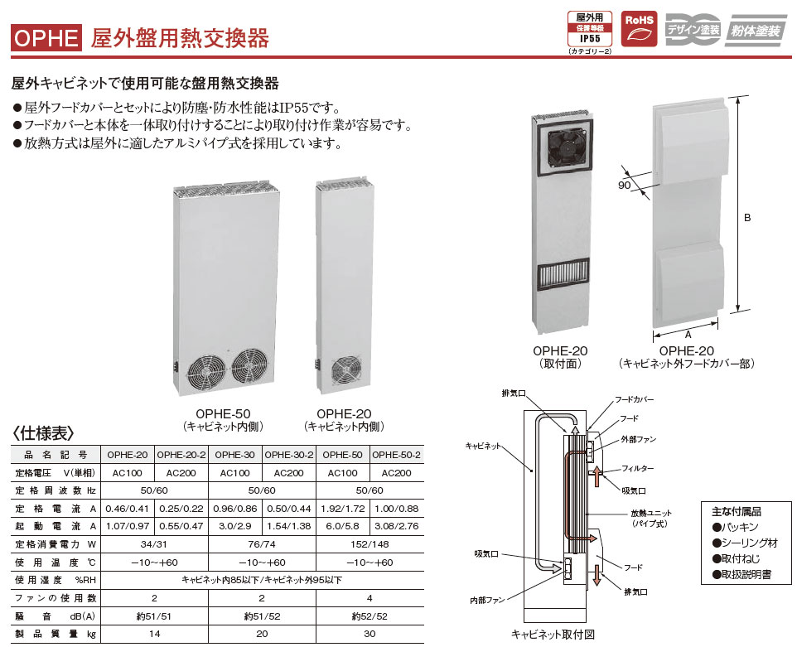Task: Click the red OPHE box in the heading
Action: click(x=46, y=36)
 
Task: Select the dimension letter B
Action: click(x=746, y=219)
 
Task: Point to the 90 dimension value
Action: click(x=624, y=186)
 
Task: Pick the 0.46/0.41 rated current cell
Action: click(x=128, y=509)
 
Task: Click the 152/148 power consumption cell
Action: click(x=370, y=544)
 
